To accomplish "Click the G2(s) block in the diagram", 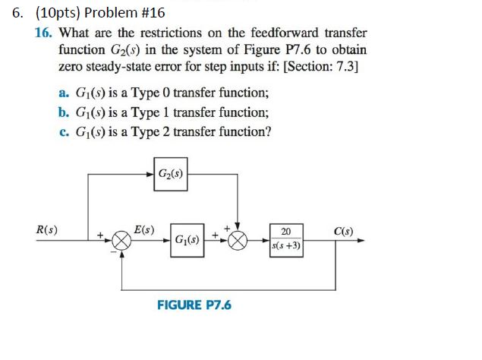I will point(171,172).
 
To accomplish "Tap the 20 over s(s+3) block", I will point(285,239).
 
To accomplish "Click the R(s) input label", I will point(49,229).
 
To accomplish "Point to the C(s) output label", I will point(342,230).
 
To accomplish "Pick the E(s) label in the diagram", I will point(143,229).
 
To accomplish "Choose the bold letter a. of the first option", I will point(63,93).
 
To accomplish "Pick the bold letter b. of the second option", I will point(63,112).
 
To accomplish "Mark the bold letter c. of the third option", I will point(63,131).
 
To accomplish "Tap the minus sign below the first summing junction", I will point(114,254).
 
